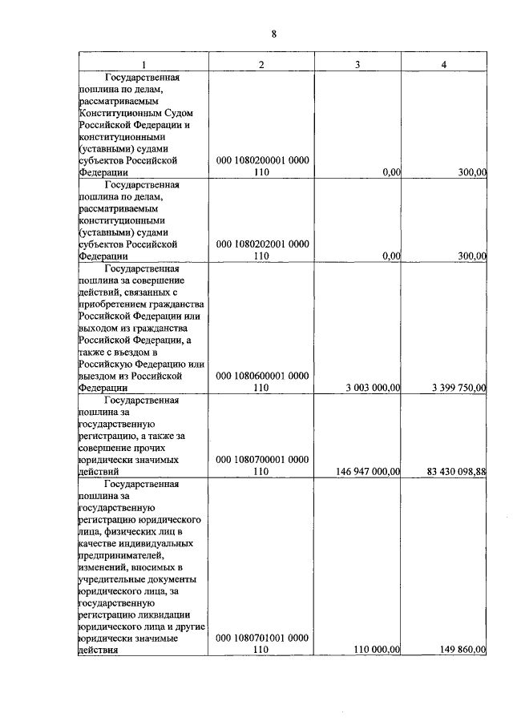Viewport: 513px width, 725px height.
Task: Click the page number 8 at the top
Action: [273, 34]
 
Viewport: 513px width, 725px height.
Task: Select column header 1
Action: [144, 64]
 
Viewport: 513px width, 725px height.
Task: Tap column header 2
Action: [261, 64]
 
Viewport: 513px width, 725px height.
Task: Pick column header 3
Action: [357, 64]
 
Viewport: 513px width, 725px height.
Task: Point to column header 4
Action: [444, 64]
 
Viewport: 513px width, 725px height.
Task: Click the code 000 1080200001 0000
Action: [261, 161]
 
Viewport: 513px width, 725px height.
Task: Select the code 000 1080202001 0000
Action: [261, 244]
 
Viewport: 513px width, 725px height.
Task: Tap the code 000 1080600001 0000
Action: [261, 375]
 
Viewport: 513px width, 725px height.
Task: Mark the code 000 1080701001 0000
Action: [261, 638]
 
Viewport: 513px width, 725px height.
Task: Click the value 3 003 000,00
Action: [373, 388]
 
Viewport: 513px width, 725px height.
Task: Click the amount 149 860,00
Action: [463, 650]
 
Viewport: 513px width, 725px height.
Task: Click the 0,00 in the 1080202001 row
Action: [391, 256]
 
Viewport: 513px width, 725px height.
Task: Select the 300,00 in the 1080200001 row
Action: [470, 172]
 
